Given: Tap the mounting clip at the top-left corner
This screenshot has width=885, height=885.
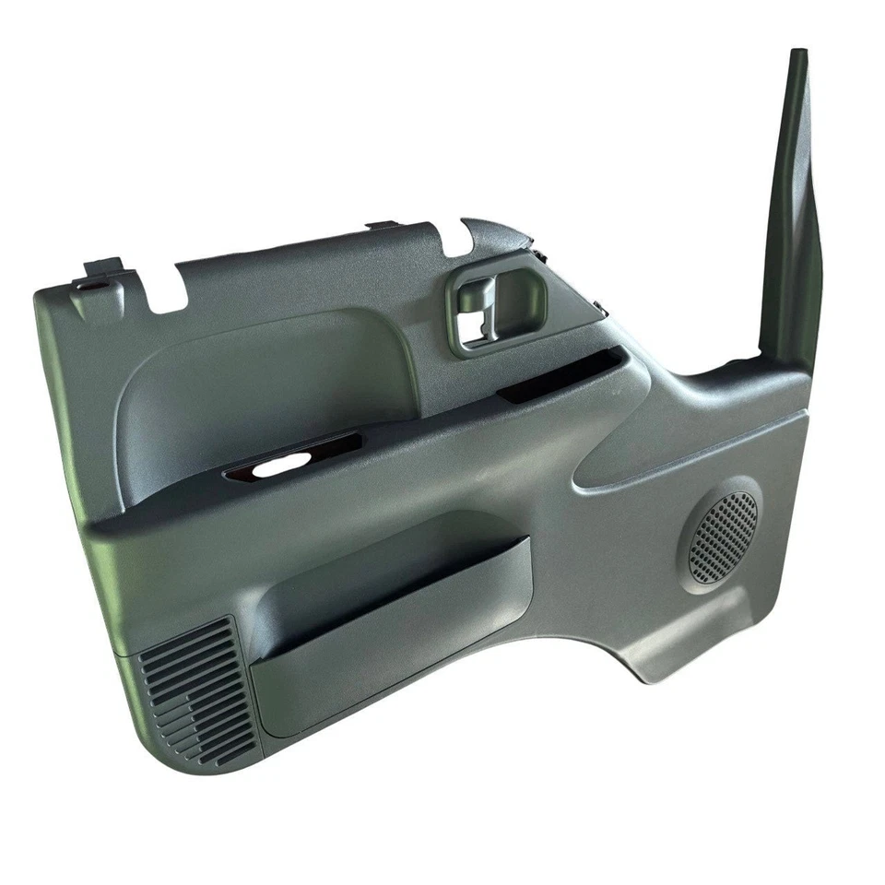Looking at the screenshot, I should pos(101,272).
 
